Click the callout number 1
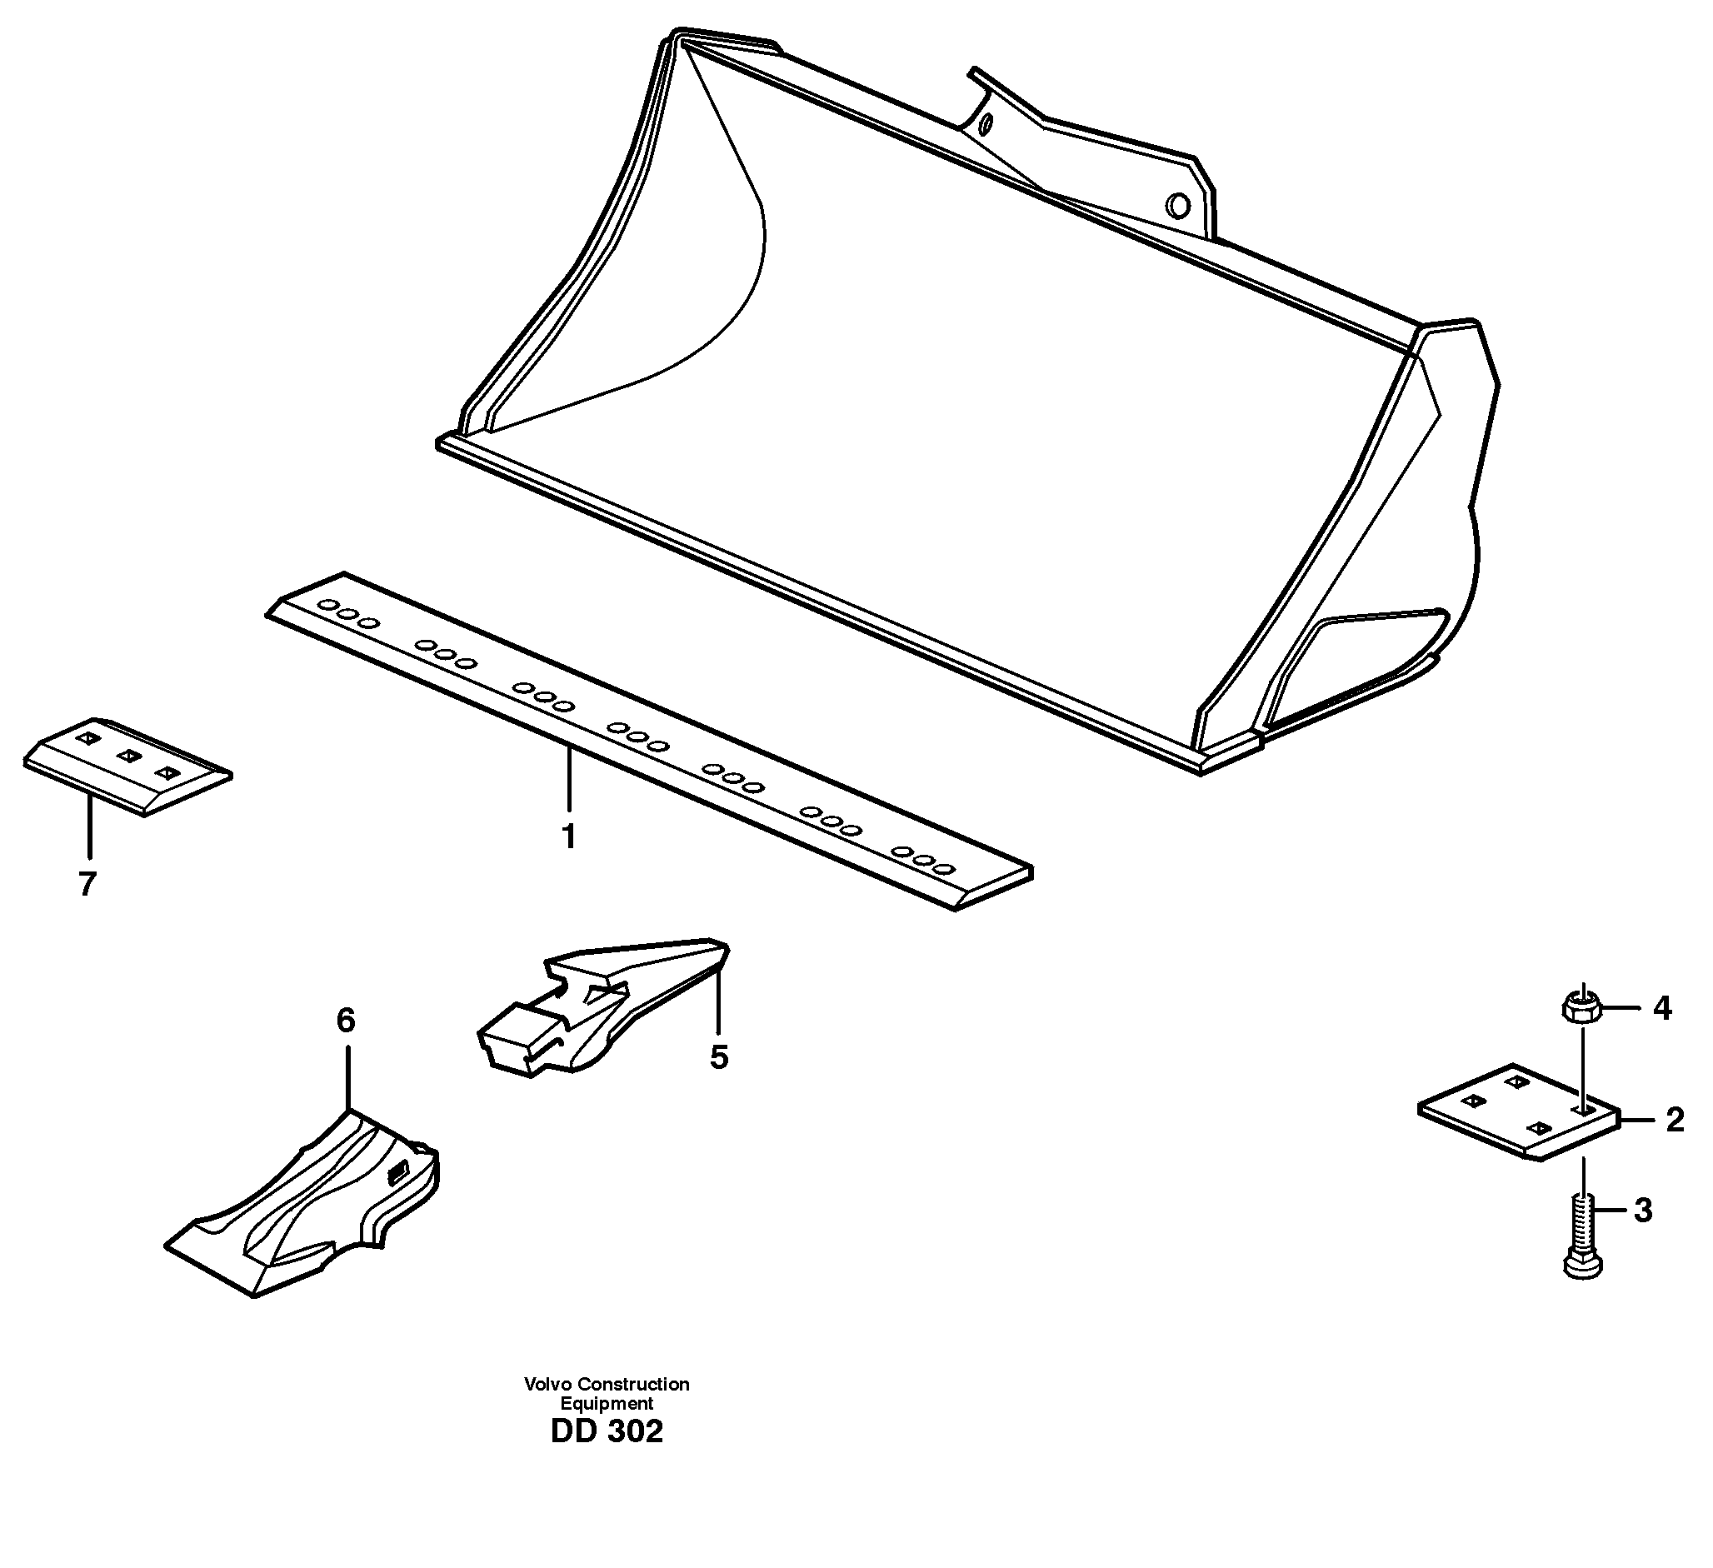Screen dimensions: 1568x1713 coord(569,837)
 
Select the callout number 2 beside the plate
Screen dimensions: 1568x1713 coord(1674,1120)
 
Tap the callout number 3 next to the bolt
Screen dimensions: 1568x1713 coord(1642,1211)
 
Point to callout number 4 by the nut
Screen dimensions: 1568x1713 coord(1661,1009)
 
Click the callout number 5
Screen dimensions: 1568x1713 coord(719,1057)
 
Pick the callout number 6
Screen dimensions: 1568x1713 coord(345,1020)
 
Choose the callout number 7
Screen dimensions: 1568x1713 coord(87,885)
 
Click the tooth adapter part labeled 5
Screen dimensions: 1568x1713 coord(595,1007)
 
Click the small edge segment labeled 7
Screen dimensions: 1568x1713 coord(127,765)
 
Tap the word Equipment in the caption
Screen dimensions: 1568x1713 coord(606,1404)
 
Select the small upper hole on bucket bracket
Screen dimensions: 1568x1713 coord(986,126)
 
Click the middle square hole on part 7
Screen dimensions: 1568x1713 coord(127,755)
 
